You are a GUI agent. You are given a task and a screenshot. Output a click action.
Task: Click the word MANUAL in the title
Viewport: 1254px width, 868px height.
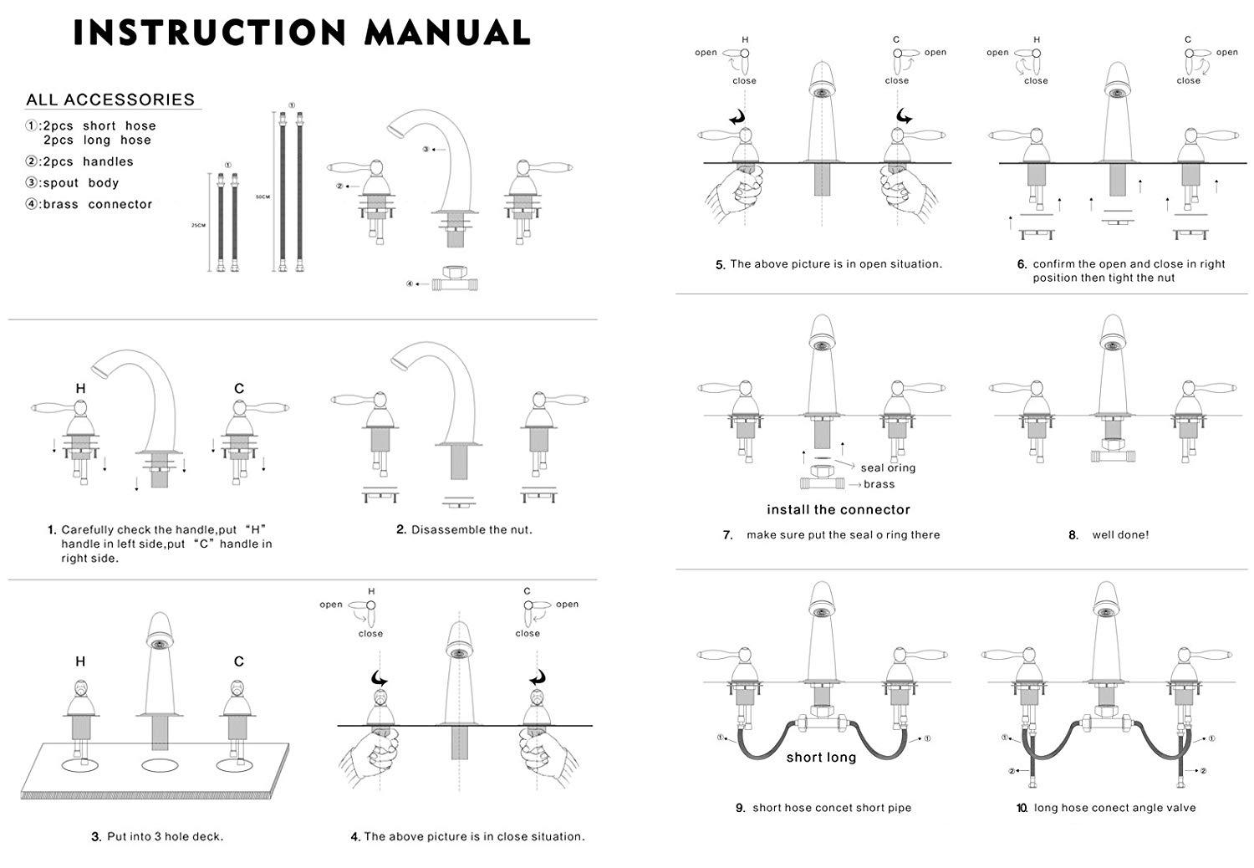coord(447,33)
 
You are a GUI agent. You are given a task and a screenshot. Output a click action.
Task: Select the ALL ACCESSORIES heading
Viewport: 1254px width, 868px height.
coord(110,100)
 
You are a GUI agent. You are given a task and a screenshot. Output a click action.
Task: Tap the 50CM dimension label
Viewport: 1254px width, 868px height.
coord(262,197)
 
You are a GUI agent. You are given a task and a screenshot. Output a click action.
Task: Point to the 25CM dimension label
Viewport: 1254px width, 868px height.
coord(198,225)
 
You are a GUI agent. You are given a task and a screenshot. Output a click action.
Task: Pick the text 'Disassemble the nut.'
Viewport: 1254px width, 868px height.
coord(472,529)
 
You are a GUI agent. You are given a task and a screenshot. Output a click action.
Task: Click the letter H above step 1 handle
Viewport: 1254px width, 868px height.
coord(80,388)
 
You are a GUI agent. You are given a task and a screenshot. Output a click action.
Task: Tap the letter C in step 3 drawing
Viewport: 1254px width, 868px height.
coord(239,661)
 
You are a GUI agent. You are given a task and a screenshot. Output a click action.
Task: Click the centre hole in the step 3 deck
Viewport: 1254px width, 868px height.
coord(160,765)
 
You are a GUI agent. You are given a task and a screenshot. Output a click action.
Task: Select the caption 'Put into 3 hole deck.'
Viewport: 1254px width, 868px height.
coord(165,836)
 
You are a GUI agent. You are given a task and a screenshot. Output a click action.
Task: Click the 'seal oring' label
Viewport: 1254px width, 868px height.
coord(888,467)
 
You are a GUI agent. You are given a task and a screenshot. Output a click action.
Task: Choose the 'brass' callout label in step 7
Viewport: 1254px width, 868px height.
coord(879,484)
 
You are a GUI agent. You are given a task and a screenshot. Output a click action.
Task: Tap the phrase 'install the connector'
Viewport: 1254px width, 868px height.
coord(839,509)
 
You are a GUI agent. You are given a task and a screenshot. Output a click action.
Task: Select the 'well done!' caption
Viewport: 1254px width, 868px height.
coord(1120,535)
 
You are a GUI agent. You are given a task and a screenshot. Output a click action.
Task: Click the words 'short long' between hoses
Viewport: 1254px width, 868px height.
coord(821,758)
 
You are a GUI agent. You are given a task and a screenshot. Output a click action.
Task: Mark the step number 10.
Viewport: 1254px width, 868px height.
coord(1022,808)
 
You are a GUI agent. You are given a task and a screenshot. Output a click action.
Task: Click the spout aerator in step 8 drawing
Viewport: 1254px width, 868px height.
coord(1113,345)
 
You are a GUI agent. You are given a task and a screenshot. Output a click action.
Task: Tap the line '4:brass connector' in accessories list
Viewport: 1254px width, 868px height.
coord(89,204)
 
